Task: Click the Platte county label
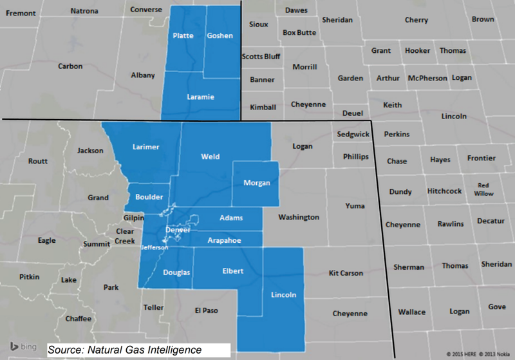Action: coord(183,36)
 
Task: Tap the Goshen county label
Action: coord(220,36)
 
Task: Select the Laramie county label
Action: coord(200,97)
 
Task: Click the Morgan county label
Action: coord(256,183)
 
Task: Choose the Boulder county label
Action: coord(149,197)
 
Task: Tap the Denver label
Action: coord(178,230)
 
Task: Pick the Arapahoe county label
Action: coord(224,240)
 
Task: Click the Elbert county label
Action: coord(232,271)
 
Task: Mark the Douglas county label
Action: coord(176,272)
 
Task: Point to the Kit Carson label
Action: coord(346,273)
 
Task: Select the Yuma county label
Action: coord(354,206)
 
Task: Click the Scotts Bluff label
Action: coord(260,56)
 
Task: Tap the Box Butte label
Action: coord(299,32)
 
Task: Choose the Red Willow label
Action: coord(483,189)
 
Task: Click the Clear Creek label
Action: coord(125,236)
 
